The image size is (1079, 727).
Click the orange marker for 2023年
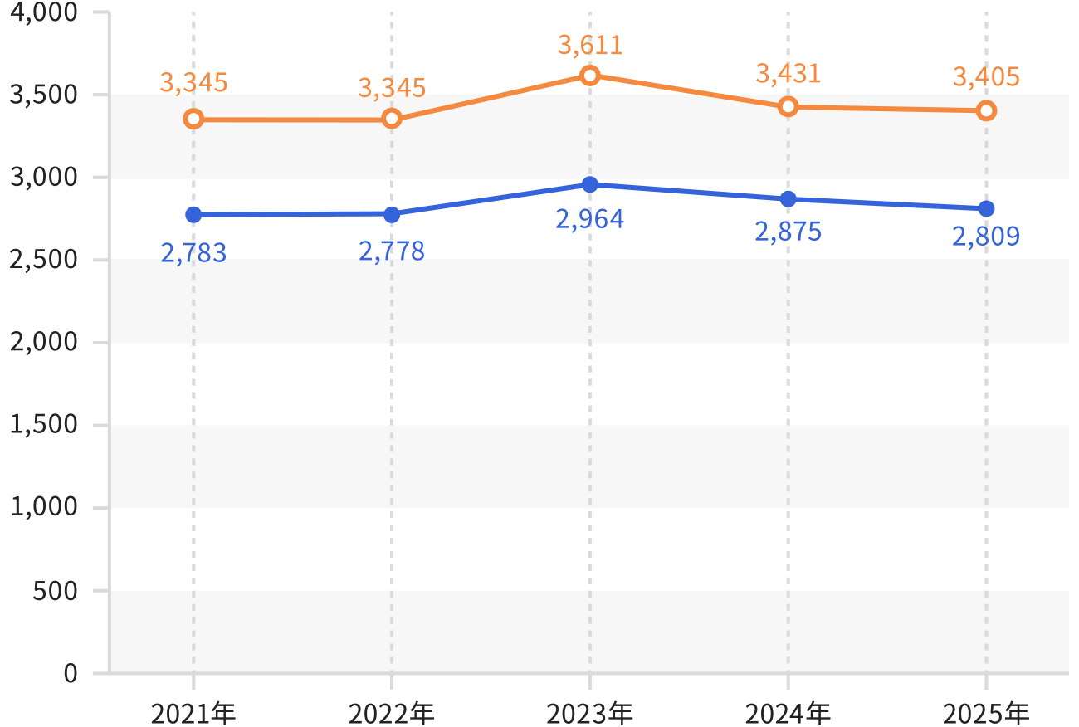(x=589, y=76)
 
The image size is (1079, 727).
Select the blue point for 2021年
(x=193, y=214)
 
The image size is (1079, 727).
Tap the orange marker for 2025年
(x=986, y=111)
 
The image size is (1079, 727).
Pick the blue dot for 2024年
(x=788, y=198)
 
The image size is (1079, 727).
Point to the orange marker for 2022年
(x=392, y=119)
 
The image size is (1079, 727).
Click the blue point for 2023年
(x=589, y=184)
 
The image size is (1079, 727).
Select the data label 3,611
(x=590, y=46)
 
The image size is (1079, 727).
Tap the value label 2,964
(x=589, y=219)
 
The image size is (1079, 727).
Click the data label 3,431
(x=788, y=74)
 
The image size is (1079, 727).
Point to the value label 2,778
(x=392, y=251)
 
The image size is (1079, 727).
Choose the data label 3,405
(x=986, y=77)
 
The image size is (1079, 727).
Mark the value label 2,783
(x=193, y=253)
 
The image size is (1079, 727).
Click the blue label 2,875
(x=788, y=232)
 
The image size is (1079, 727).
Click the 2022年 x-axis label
(x=391, y=714)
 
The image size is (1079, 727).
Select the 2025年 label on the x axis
(x=985, y=714)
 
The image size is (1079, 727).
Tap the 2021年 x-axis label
(x=193, y=714)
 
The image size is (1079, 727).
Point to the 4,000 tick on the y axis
(x=43, y=12)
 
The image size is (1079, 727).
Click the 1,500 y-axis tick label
(x=43, y=424)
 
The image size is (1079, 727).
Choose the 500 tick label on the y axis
(x=55, y=591)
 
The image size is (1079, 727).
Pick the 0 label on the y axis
(x=71, y=673)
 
